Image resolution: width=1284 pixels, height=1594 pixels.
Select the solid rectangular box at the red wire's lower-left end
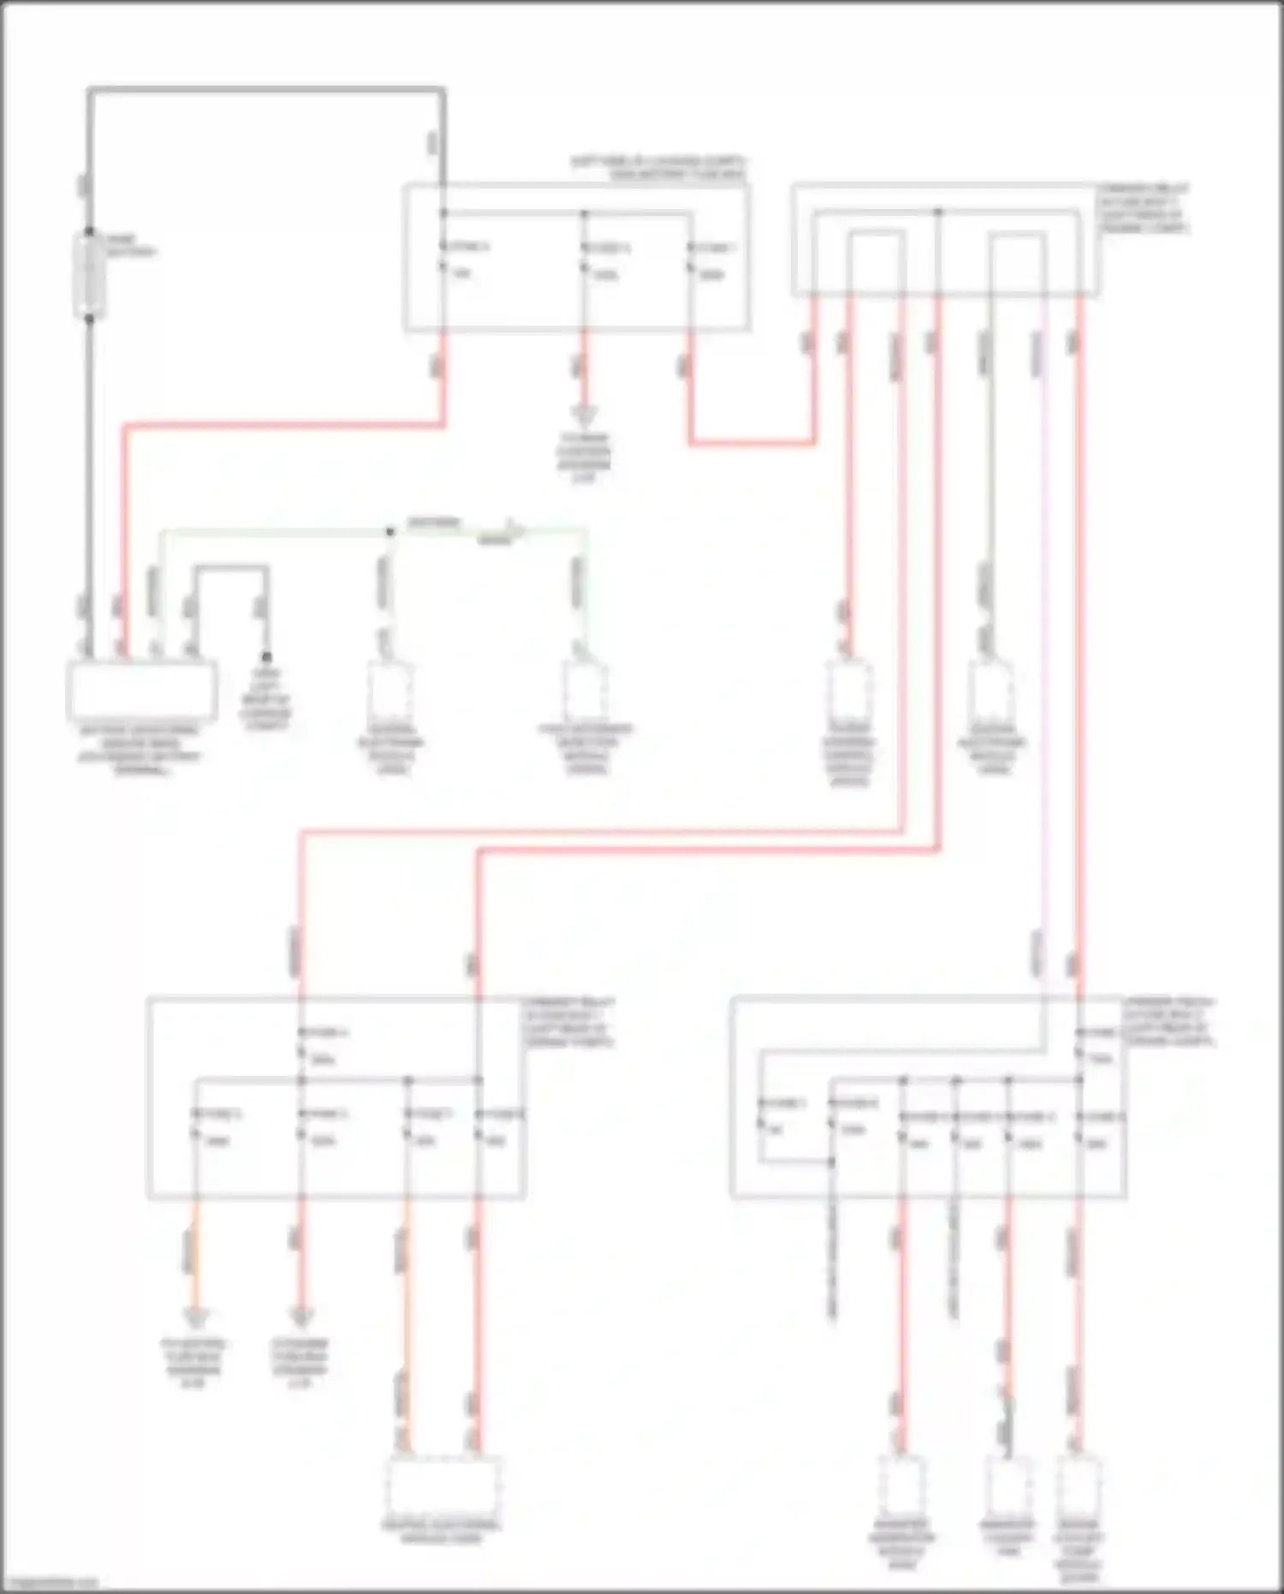pyautogui.click(x=141, y=690)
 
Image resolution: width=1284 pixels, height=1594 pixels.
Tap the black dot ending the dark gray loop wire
pyautogui.click(x=266, y=657)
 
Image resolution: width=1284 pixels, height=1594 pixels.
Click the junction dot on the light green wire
pyautogui.click(x=390, y=532)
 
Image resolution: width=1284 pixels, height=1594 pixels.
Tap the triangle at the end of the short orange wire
pyautogui.click(x=195, y=1317)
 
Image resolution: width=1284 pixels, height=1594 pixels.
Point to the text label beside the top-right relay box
pyautogui.click(x=1144, y=208)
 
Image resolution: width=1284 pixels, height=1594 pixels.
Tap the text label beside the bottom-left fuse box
pyautogui.click(x=569, y=1022)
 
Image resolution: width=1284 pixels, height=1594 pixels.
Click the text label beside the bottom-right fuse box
pyautogui.click(x=1169, y=1022)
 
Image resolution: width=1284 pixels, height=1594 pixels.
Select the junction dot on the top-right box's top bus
pyautogui.click(x=938, y=212)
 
